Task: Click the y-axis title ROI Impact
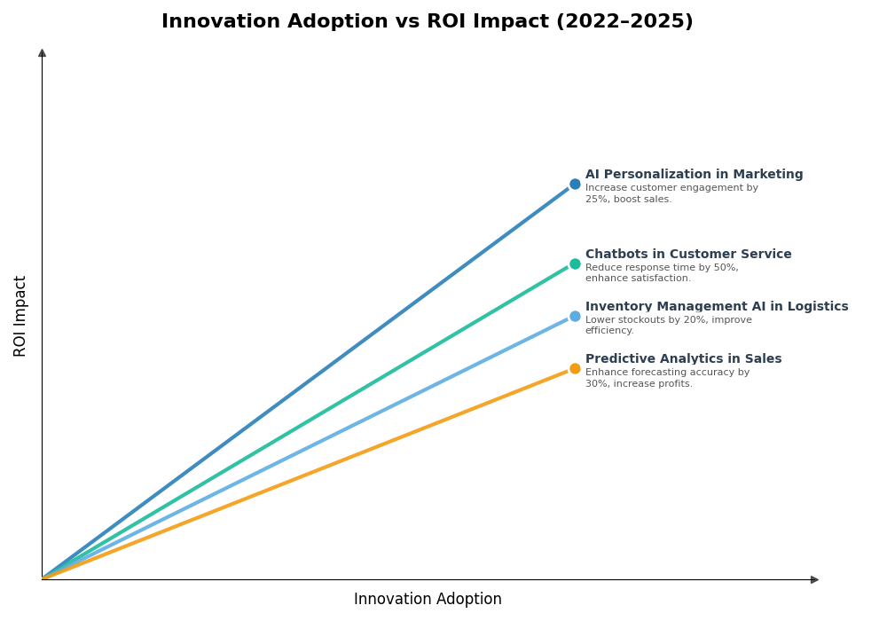(x=20, y=316)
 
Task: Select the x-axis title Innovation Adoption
(x=428, y=600)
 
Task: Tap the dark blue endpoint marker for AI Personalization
(x=575, y=185)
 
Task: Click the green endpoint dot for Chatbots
(x=575, y=263)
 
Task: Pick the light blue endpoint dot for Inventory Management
(x=575, y=316)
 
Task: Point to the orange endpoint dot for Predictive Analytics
(x=575, y=369)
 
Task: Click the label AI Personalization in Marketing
(x=694, y=175)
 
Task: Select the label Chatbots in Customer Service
(x=688, y=255)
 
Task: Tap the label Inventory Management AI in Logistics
(x=716, y=307)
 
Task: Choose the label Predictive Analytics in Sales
(x=683, y=359)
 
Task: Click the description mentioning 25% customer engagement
(x=671, y=193)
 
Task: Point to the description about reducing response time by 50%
(x=662, y=273)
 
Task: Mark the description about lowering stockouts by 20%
(x=668, y=326)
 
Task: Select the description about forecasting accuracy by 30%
(x=667, y=378)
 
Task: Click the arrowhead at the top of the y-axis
(x=42, y=53)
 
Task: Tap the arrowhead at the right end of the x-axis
(x=814, y=579)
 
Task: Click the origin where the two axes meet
(x=42, y=579)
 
